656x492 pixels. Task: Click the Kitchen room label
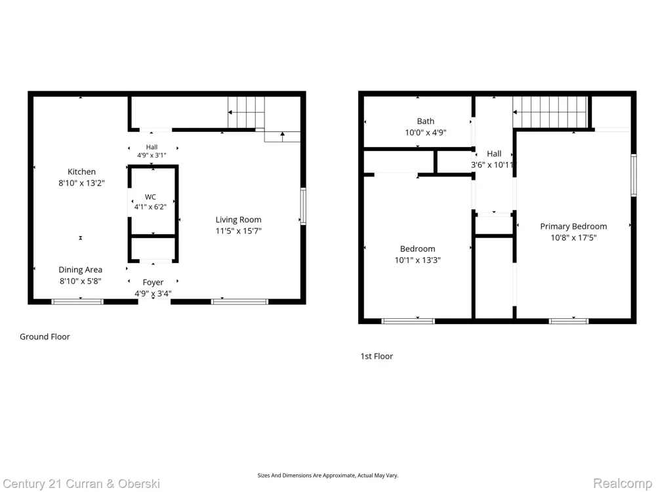click(x=81, y=171)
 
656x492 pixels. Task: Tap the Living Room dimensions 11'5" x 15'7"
click(x=239, y=231)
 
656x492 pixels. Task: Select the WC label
click(x=150, y=197)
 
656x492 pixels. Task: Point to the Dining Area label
click(x=80, y=270)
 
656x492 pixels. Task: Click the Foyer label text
click(x=153, y=282)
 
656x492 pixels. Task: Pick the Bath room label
click(x=426, y=121)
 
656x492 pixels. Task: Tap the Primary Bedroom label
click(x=573, y=226)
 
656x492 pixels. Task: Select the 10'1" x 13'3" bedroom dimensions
click(x=417, y=260)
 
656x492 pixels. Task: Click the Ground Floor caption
click(x=45, y=337)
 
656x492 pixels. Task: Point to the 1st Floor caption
click(x=377, y=356)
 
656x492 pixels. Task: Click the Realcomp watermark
click(x=623, y=483)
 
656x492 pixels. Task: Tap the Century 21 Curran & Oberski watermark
click(x=81, y=484)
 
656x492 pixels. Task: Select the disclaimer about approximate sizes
click(x=328, y=475)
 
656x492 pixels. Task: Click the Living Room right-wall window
click(x=303, y=207)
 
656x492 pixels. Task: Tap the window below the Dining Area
click(x=77, y=302)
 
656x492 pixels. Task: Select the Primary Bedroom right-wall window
click(x=634, y=175)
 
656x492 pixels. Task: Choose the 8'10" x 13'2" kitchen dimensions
click(x=81, y=183)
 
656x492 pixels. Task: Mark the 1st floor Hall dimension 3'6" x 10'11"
click(x=493, y=165)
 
